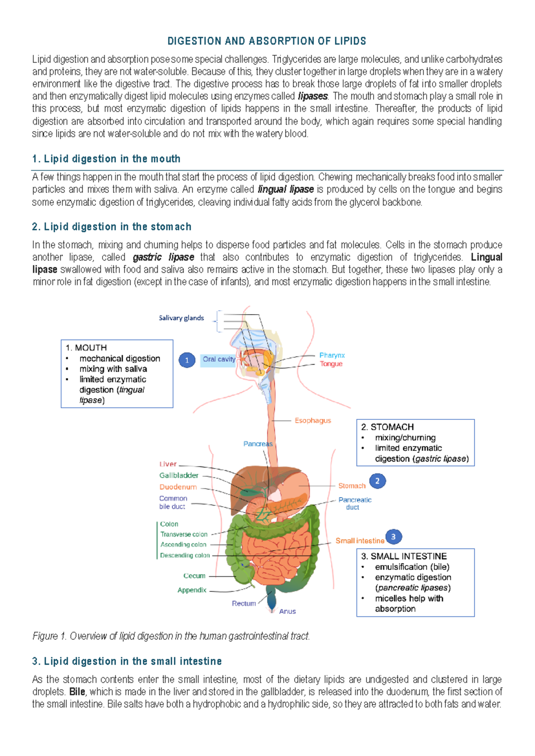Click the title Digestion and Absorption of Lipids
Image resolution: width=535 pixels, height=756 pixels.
point(267,41)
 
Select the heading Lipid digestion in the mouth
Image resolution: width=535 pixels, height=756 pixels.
point(106,159)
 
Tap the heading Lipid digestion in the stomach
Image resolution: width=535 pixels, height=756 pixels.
point(111,227)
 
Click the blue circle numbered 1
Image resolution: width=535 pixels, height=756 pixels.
point(187,360)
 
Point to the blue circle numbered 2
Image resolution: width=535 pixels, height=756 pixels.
point(377,481)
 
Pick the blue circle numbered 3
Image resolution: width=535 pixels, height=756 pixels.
point(393,537)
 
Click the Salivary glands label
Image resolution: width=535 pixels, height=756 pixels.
point(181,318)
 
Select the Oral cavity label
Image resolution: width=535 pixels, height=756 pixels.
point(218,359)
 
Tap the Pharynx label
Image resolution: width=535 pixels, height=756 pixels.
point(332,355)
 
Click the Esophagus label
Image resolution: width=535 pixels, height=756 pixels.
point(313,420)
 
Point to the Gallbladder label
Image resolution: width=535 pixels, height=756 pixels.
point(179,476)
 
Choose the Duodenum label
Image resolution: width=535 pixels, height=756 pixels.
point(178,487)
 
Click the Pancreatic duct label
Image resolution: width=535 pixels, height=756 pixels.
point(354,503)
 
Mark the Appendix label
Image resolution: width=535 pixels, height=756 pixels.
point(192,590)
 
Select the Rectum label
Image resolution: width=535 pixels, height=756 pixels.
point(243,604)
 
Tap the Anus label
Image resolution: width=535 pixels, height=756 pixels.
point(287,612)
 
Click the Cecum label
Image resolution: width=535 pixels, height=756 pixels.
point(194,576)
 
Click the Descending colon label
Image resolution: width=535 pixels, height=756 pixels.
point(185,555)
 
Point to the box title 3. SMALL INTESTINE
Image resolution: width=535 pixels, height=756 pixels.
point(403,556)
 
